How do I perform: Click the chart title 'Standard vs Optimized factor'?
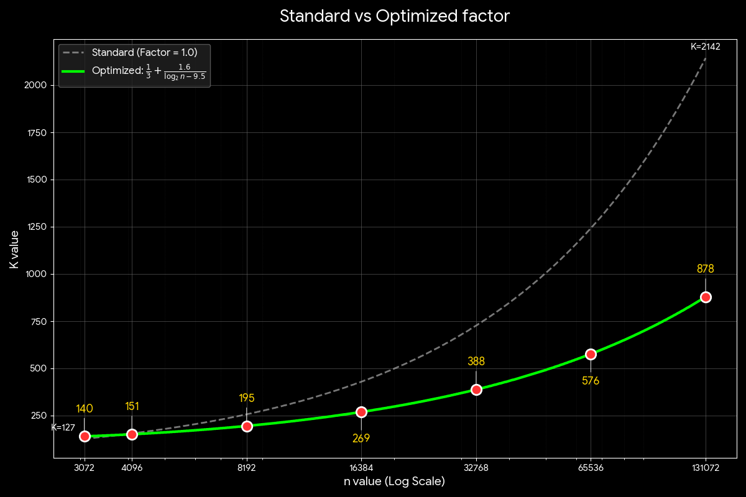[394, 16]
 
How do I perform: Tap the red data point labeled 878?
[706, 297]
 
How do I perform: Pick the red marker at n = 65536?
[591, 354]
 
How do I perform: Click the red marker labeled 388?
[476, 390]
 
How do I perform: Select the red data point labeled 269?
[361, 412]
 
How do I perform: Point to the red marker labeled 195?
[247, 426]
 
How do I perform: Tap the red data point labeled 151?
[132, 434]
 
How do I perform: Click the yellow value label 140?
[85, 409]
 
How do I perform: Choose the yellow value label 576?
[591, 381]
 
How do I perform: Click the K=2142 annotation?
[705, 47]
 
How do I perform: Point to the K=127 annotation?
[63, 427]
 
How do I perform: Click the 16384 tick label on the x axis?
[361, 468]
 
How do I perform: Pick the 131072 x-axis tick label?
[706, 468]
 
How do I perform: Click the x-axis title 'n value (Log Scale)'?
[394, 481]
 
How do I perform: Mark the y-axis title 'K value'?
[14, 249]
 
